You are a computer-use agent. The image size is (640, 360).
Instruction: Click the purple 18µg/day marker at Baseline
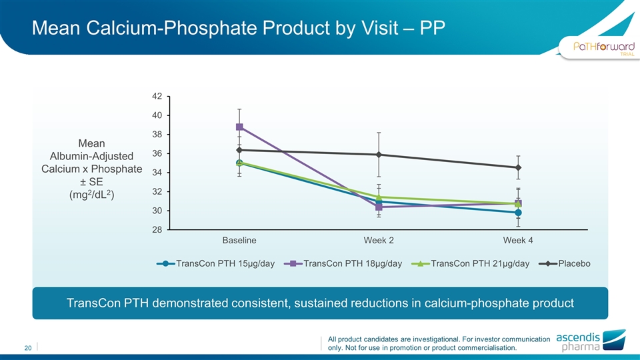pos(239,127)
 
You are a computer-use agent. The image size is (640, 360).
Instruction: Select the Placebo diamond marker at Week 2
pos(379,155)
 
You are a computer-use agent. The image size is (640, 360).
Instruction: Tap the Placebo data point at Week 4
pos(518,167)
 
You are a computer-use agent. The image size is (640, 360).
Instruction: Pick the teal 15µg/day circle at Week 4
pos(518,213)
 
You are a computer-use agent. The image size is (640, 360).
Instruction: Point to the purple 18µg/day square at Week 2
pos(379,207)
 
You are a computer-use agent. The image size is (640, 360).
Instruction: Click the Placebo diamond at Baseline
pos(239,150)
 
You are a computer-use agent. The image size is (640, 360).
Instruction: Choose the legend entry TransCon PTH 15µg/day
pos(216,263)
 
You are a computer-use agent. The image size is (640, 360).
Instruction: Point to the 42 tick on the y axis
pos(157,96)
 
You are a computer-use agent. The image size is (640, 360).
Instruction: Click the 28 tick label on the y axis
pos(157,230)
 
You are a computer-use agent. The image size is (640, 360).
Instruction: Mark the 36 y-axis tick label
pos(157,153)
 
